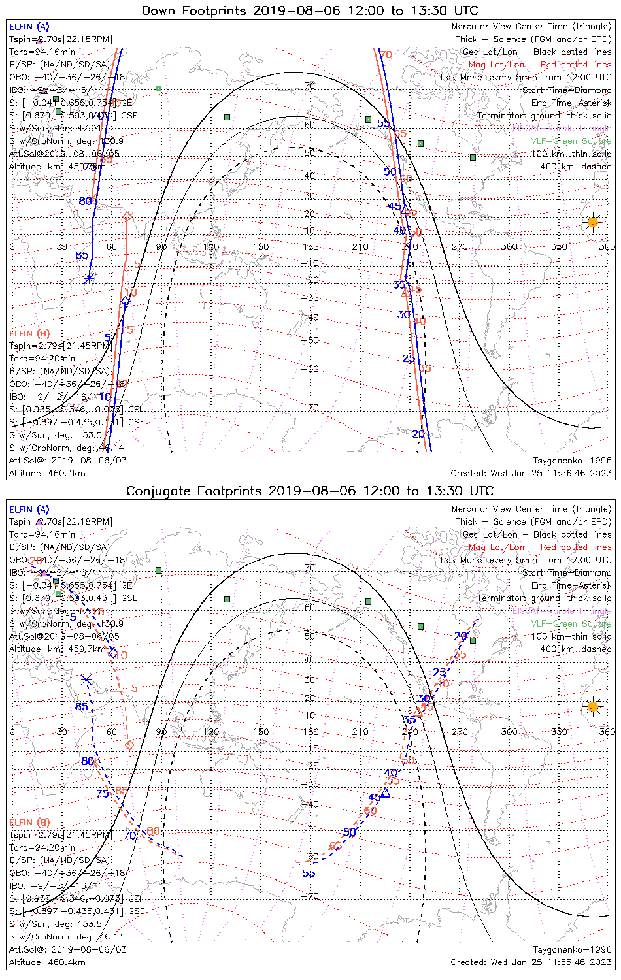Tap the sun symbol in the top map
(x=592, y=222)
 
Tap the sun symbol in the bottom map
(x=592, y=706)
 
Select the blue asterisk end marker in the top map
(x=89, y=278)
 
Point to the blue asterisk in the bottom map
(x=86, y=679)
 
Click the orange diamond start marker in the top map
(x=127, y=216)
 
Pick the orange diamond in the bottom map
(x=129, y=745)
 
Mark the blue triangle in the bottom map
(x=386, y=792)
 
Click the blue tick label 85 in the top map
(x=82, y=255)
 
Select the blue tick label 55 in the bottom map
(x=309, y=873)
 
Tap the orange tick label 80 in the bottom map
(x=153, y=831)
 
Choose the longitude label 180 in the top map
(x=310, y=247)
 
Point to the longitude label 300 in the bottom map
(x=509, y=732)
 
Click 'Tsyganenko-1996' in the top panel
(x=572, y=460)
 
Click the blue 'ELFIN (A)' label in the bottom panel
(x=29, y=509)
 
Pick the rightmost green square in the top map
(x=473, y=157)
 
